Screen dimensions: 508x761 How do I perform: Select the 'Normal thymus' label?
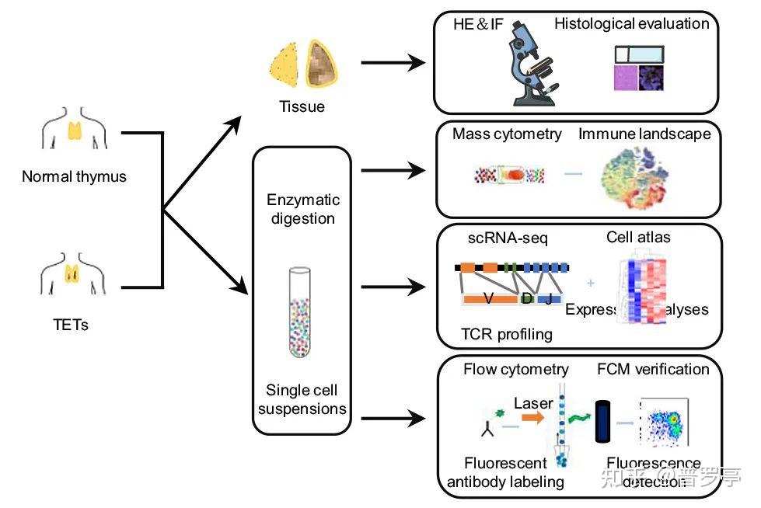click(x=74, y=176)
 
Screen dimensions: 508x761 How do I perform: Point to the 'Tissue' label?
click(x=302, y=106)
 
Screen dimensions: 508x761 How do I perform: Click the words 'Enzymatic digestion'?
click(x=302, y=209)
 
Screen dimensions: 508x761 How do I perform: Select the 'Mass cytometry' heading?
click(x=507, y=134)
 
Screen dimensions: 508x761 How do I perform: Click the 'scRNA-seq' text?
click(x=508, y=238)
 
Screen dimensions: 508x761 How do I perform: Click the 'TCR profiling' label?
click(x=507, y=334)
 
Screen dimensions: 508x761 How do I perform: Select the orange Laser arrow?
click(x=534, y=418)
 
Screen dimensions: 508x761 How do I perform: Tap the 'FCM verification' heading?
click(x=653, y=369)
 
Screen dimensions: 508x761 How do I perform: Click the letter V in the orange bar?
click(x=490, y=299)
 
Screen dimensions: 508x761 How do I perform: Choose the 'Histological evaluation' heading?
click(x=631, y=23)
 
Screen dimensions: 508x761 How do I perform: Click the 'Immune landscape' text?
click(x=644, y=134)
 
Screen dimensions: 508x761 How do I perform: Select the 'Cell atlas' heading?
click(x=638, y=238)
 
